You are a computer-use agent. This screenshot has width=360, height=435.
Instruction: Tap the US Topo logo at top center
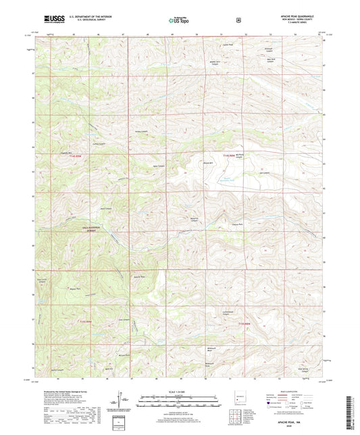click(x=178, y=21)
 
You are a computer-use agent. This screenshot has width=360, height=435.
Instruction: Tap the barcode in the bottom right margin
click(x=353, y=409)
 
